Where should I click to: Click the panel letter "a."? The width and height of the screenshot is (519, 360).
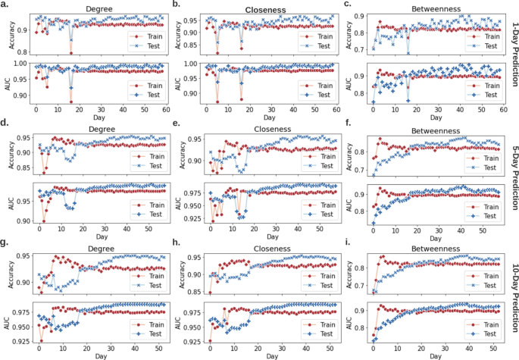(x=5, y=5)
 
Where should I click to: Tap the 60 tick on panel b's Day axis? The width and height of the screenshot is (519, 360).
(x=334, y=108)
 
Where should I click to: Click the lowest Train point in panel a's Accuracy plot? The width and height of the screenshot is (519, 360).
(x=70, y=53)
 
